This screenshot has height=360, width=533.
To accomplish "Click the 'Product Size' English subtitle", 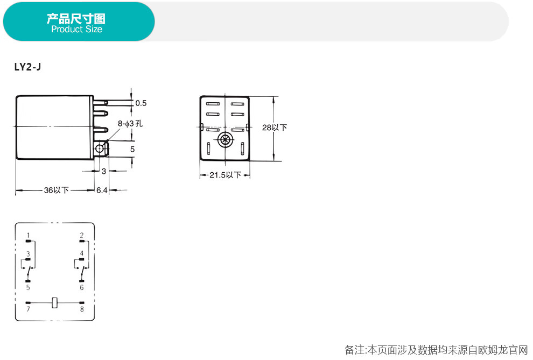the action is click(x=76, y=29).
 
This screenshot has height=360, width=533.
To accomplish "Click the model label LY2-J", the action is click(x=27, y=67).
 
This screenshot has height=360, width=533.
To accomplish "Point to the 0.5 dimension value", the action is click(x=141, y=103).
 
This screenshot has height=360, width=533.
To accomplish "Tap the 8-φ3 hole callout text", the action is click(x=130, y=124).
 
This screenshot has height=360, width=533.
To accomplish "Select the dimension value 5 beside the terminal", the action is click(x=132, y=150).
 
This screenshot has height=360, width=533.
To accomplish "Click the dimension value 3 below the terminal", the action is click(x=104, y=172).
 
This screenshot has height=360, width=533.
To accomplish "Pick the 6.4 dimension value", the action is click(x=102, y=190).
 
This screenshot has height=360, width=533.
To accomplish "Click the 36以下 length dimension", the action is click(x=56, y=190).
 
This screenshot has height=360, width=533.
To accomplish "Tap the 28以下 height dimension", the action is click(x=275, y=128).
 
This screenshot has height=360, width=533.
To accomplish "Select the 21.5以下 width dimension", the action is click(x=226, y=175).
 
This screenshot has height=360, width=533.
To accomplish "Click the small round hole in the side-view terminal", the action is click(x=99, y=149).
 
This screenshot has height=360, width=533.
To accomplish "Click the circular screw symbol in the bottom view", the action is click(x=225, y=139).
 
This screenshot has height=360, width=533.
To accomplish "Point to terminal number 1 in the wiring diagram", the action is click(x=28, y=235).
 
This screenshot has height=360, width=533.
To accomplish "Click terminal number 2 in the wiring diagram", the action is click(x=82, y=235).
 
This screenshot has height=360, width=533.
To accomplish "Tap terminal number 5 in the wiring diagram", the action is click(x=28, y=288).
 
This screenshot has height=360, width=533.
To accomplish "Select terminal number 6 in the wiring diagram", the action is click(x=82, y=288).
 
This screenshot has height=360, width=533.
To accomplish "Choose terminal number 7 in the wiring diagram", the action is click(x=28, y=309).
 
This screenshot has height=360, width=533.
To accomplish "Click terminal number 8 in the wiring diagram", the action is click(x=82, y=309).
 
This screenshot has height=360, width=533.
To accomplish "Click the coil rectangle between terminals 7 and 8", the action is click(x=55, y=302).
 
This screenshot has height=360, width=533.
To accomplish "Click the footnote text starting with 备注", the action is click(x=436, y=350).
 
